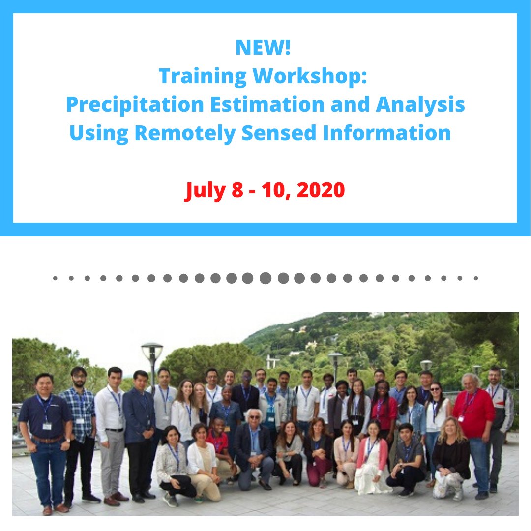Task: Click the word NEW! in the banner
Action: tap(263, 48)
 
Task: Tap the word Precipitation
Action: tap(135, 104)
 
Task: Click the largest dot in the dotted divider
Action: tap(265, 278)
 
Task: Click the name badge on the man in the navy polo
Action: tap(47, 426)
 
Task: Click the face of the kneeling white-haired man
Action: tap(254, 419)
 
